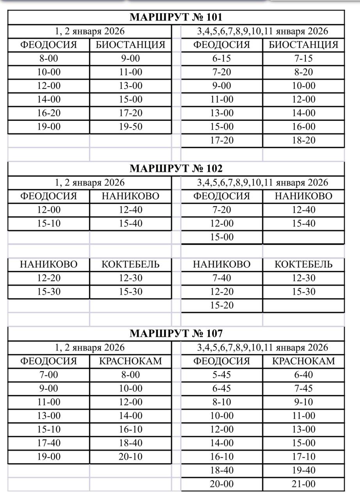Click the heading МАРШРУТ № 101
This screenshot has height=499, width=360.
pyautogui.click(x=176, y=17)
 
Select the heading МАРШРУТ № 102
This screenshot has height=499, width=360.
pyautogui.click(x=176, y=168)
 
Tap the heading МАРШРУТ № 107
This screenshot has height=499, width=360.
pyautogui.click(x=176, y=333)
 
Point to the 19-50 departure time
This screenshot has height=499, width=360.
pyautogui.click(x=131, y=127)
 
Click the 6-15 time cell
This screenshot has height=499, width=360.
pyautogui.click(x=222, y=58)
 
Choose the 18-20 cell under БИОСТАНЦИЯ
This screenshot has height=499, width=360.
pyautogui.click(x=304, y=140)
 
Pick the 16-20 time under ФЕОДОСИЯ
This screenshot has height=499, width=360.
pyautogui.click(x=49, y=113)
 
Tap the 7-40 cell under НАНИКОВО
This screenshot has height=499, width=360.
pyautogui.click(x=222, y=278)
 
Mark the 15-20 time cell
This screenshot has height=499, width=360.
pyautogui.click(x=222, y=305)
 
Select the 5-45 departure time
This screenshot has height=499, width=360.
pyautogui.click(x=222, y=375)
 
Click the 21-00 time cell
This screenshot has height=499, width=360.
pyautogui.click(x=304, y=484)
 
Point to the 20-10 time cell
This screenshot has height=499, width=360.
pyautogui.click(x=131, y=457)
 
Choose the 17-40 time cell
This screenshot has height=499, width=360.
pyautogui.click(x=49, y=443)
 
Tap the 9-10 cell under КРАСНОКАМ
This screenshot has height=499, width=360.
pyautogui.click(x=304, y=402)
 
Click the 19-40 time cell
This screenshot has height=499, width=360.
pyautogui.click(x=304, y=471)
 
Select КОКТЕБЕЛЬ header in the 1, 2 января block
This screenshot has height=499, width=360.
pyautogui.click(x=131, y=264)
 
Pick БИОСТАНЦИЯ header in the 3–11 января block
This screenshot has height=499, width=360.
pyautogui.click(x=304, y=45)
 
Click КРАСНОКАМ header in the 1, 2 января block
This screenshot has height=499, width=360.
pyautogui.click(x=131, y=361)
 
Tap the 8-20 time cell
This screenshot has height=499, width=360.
pyautogui.click(x=304, y=72)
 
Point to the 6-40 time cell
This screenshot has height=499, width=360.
pyautogui.click(x=304, y=375)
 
